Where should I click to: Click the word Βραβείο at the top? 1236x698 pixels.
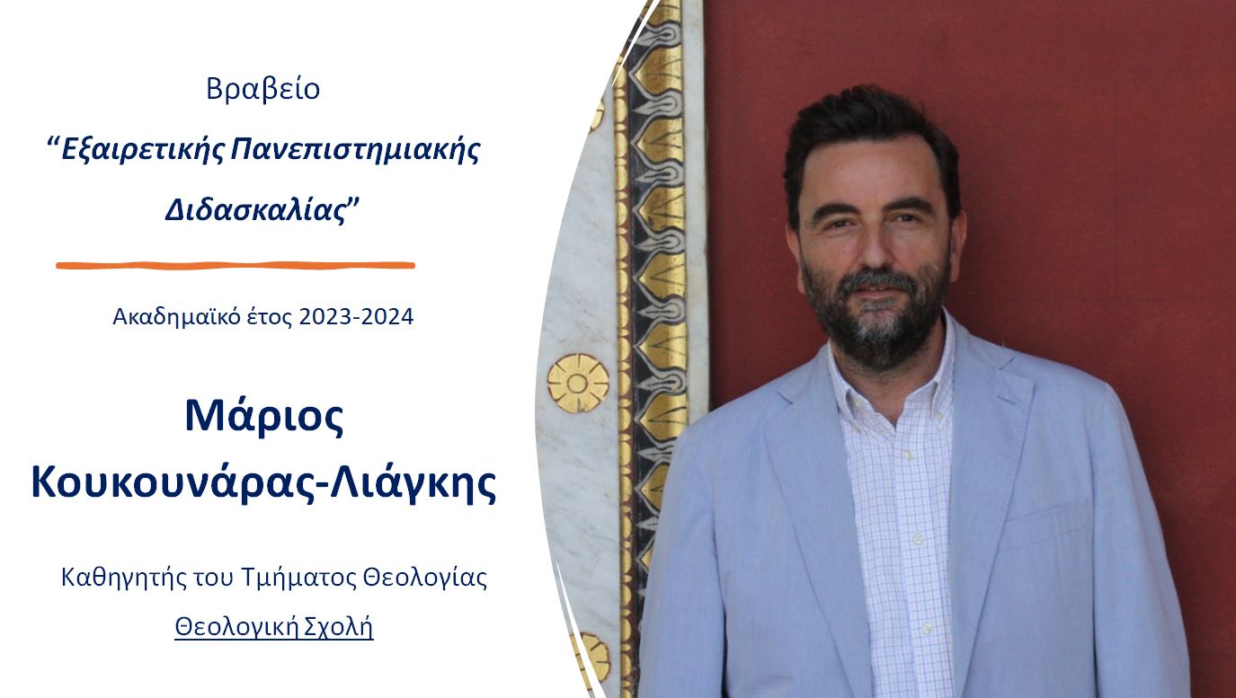click(263, 89)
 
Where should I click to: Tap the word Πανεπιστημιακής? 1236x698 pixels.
click(355, 149)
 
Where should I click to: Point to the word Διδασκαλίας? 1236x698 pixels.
click(256, 210)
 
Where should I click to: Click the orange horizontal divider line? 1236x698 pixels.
click(236, 265)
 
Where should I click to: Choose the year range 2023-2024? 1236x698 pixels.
click(356, 316)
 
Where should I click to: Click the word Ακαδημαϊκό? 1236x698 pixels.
click(176, 317)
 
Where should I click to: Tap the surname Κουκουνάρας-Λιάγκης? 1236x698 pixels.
click(263, 483)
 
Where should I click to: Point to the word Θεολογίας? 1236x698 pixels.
click(425, 578)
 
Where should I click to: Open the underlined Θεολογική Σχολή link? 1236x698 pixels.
click(274, 627)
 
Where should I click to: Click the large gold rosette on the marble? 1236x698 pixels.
click(578, 384)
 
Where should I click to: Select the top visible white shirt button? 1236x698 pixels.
click(907, 455)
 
